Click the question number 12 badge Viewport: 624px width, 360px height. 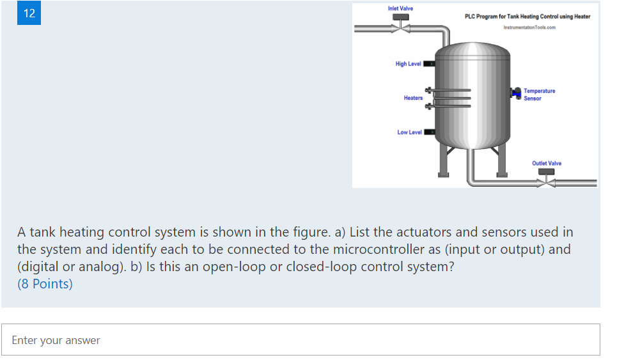coord(29,13)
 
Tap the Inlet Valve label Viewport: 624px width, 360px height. coord(400,8)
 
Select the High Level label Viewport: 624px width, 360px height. coord(408,64)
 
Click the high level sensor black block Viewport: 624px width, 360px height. coord(430,64)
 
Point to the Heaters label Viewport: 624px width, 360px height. coord(413,98)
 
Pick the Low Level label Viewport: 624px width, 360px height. coord(409,132)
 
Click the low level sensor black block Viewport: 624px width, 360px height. coord(430,132)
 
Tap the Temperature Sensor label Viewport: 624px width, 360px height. coord(539,95)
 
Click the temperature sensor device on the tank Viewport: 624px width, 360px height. coord(515,93)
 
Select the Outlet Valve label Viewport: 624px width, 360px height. coord(547,163)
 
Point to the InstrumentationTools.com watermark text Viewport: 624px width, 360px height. coord(529,27)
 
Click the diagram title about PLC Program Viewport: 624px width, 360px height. coord(527,17)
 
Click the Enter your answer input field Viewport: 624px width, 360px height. coord(300,340)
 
